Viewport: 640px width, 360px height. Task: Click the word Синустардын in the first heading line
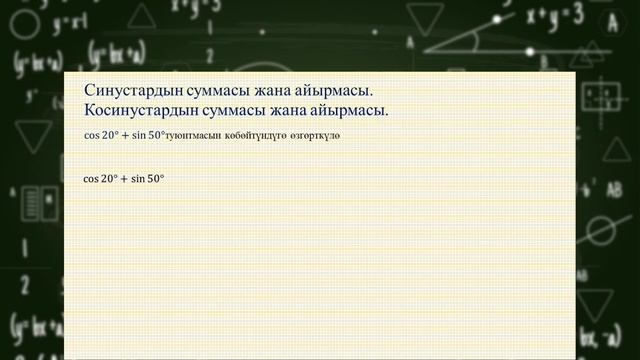tap(133, 92)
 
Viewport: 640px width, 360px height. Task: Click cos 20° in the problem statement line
tap(101, 133)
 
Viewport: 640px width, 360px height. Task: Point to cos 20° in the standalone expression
tap(101, 179)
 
